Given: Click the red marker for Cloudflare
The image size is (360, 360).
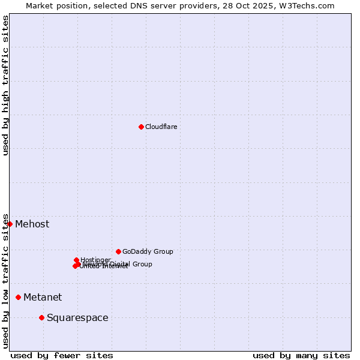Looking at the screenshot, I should tap(141, 127).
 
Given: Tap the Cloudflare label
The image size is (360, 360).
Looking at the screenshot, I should tap(161, 127).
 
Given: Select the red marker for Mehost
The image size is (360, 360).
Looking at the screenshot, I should tap(10, 224).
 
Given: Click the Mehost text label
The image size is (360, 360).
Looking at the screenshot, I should tap(32, 224).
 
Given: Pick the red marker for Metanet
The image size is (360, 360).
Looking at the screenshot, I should tap(18, 297).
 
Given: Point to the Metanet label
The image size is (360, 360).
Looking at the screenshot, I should tap(43, 297).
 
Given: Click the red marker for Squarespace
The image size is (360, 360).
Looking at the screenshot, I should tap(41, 317).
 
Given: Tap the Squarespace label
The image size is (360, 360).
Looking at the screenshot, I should tap(77, 317).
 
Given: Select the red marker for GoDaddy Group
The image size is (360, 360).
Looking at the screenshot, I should tap(118, 251).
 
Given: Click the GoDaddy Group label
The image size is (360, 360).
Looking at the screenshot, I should tap(148, 251).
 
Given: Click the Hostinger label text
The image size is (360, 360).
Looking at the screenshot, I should tap(95, 260).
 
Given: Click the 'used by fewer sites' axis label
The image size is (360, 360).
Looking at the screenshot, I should tap(62, 355).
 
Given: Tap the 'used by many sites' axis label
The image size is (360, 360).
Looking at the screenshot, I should tap(301, 355).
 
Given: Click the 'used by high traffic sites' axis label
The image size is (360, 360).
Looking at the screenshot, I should tap(5, 85).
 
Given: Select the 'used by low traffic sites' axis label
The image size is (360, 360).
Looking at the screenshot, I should tap(5, 281).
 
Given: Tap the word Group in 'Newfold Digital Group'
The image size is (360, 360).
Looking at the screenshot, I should tap(142, 264).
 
